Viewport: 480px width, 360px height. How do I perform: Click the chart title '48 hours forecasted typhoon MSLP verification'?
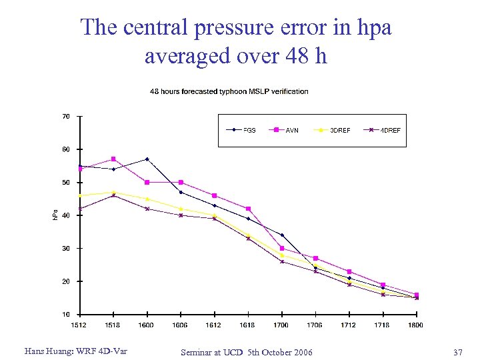coord(229,91)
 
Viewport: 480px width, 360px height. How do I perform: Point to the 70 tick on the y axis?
coord(66,117)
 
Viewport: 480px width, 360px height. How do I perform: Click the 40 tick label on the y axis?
coord(66,215)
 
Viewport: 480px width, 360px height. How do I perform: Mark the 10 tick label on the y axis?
coord(66,314)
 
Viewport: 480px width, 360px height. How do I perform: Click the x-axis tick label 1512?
coord(79,325)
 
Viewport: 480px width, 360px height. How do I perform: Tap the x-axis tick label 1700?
coord(281,325)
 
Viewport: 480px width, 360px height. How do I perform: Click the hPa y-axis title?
coord(55,215)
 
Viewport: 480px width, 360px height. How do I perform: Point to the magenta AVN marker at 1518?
coord(113,159)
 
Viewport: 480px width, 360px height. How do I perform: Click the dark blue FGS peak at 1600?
coord(147,159)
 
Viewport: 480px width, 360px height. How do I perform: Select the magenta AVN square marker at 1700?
coord(281,248)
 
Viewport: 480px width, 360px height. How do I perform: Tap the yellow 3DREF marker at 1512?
coord(80,195)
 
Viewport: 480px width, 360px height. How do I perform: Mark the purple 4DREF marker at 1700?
coord(281,261)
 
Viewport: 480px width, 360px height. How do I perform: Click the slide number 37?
coord(457,351)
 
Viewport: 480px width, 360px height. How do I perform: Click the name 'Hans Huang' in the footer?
coord(47,351)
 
